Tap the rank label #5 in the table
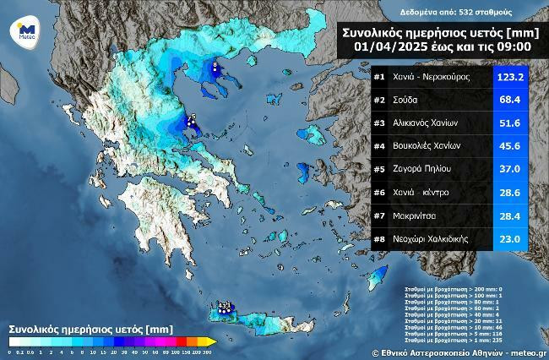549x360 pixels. point(378,169)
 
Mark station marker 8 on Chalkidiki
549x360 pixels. point(215,65)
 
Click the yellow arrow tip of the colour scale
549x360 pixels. point(213,341)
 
